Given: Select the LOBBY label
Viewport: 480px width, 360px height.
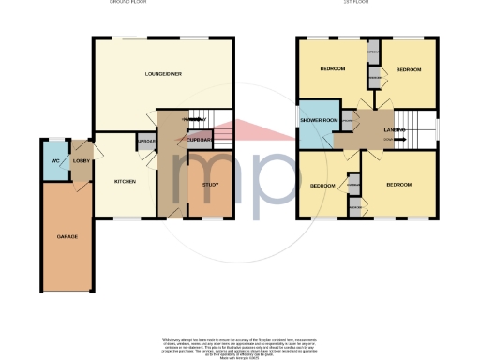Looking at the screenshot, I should click(x=81, y=162).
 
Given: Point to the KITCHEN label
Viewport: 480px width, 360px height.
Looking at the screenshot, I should click(x=126, y=181).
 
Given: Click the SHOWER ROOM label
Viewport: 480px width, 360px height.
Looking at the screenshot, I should click(x=317, y=121).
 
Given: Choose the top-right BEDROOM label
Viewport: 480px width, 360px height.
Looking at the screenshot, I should click(x=409, y=70).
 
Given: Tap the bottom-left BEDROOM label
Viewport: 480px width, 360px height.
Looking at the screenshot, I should click(x=322, y=186).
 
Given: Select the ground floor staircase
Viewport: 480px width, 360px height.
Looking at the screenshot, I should click(x=217, y=120).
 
